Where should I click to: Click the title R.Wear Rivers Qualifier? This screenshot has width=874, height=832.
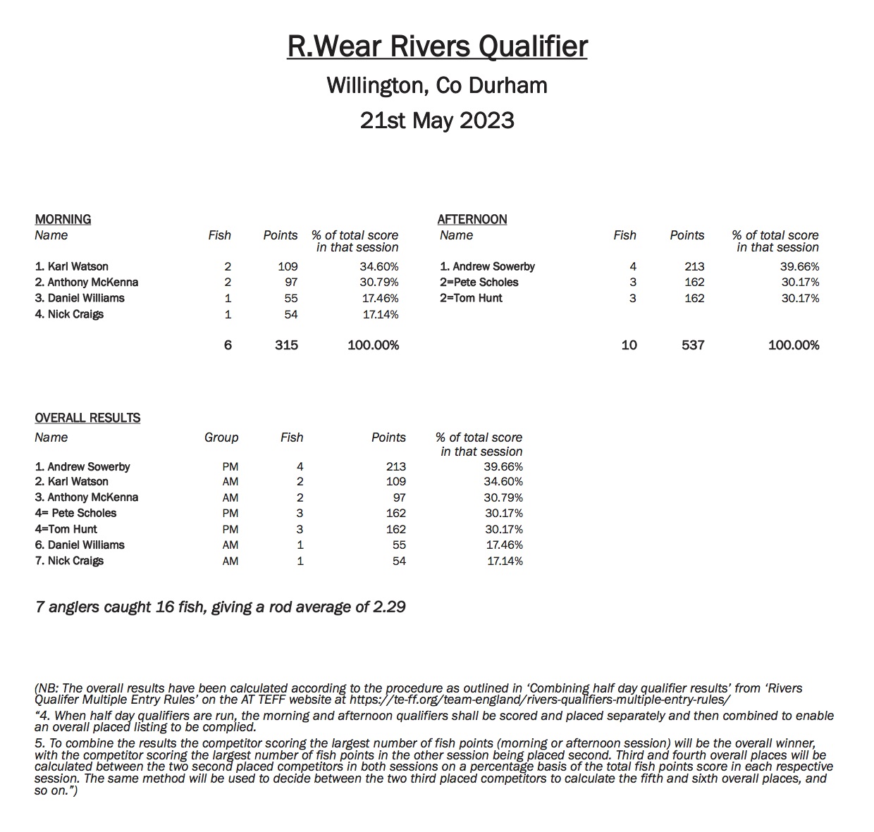coord(437,46)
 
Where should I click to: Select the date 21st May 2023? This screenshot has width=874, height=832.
coord(437,120)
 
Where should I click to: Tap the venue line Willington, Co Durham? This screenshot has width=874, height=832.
coord(437,86)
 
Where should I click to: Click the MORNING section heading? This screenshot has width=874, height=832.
coord(63,219)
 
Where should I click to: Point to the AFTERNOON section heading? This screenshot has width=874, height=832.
coord(472,219)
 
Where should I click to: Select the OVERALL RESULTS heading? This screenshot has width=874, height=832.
coord(87,418)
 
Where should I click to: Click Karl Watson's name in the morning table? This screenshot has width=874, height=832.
coord(72,266)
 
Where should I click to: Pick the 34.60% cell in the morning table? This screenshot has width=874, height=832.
coord(378,266)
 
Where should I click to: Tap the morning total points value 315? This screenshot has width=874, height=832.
coord(287,344)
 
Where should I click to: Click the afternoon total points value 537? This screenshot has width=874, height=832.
coord(693,344)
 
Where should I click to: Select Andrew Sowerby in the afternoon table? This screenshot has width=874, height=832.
coord(487,266)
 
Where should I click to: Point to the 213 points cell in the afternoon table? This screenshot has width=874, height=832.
coord(694,266)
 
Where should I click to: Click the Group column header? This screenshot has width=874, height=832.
coord(221,437)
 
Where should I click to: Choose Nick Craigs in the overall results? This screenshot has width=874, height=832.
coord(69,561)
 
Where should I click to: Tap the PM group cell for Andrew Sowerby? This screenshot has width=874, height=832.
coord(230,466)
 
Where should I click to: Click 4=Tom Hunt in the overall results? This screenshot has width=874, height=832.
coord(66,529)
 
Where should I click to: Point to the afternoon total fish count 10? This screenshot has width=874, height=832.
coord(629,344)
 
